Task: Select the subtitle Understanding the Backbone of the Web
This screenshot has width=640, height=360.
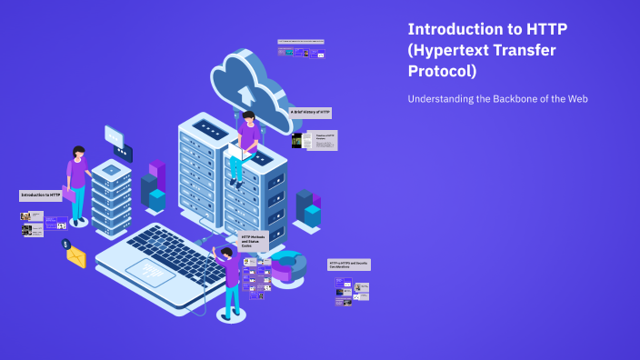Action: [x=498, y=98]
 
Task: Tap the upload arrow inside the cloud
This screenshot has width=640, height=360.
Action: [x=244, y=93]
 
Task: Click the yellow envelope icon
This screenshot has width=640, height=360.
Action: [x=75, y=257]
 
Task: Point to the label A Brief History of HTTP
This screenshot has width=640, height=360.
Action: [x=310, y=112]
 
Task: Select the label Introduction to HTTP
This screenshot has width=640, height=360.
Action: [x=41, y=195]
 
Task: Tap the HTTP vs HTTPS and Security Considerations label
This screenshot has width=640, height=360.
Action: [x=349, y=265]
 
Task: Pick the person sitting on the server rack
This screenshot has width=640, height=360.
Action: [x=245, y=145]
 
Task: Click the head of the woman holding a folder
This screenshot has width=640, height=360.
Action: [x=79, y=152]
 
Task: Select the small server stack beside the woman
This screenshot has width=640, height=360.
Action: [x=111, y=195]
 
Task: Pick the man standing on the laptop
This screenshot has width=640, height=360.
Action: [x=231, y=277]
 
